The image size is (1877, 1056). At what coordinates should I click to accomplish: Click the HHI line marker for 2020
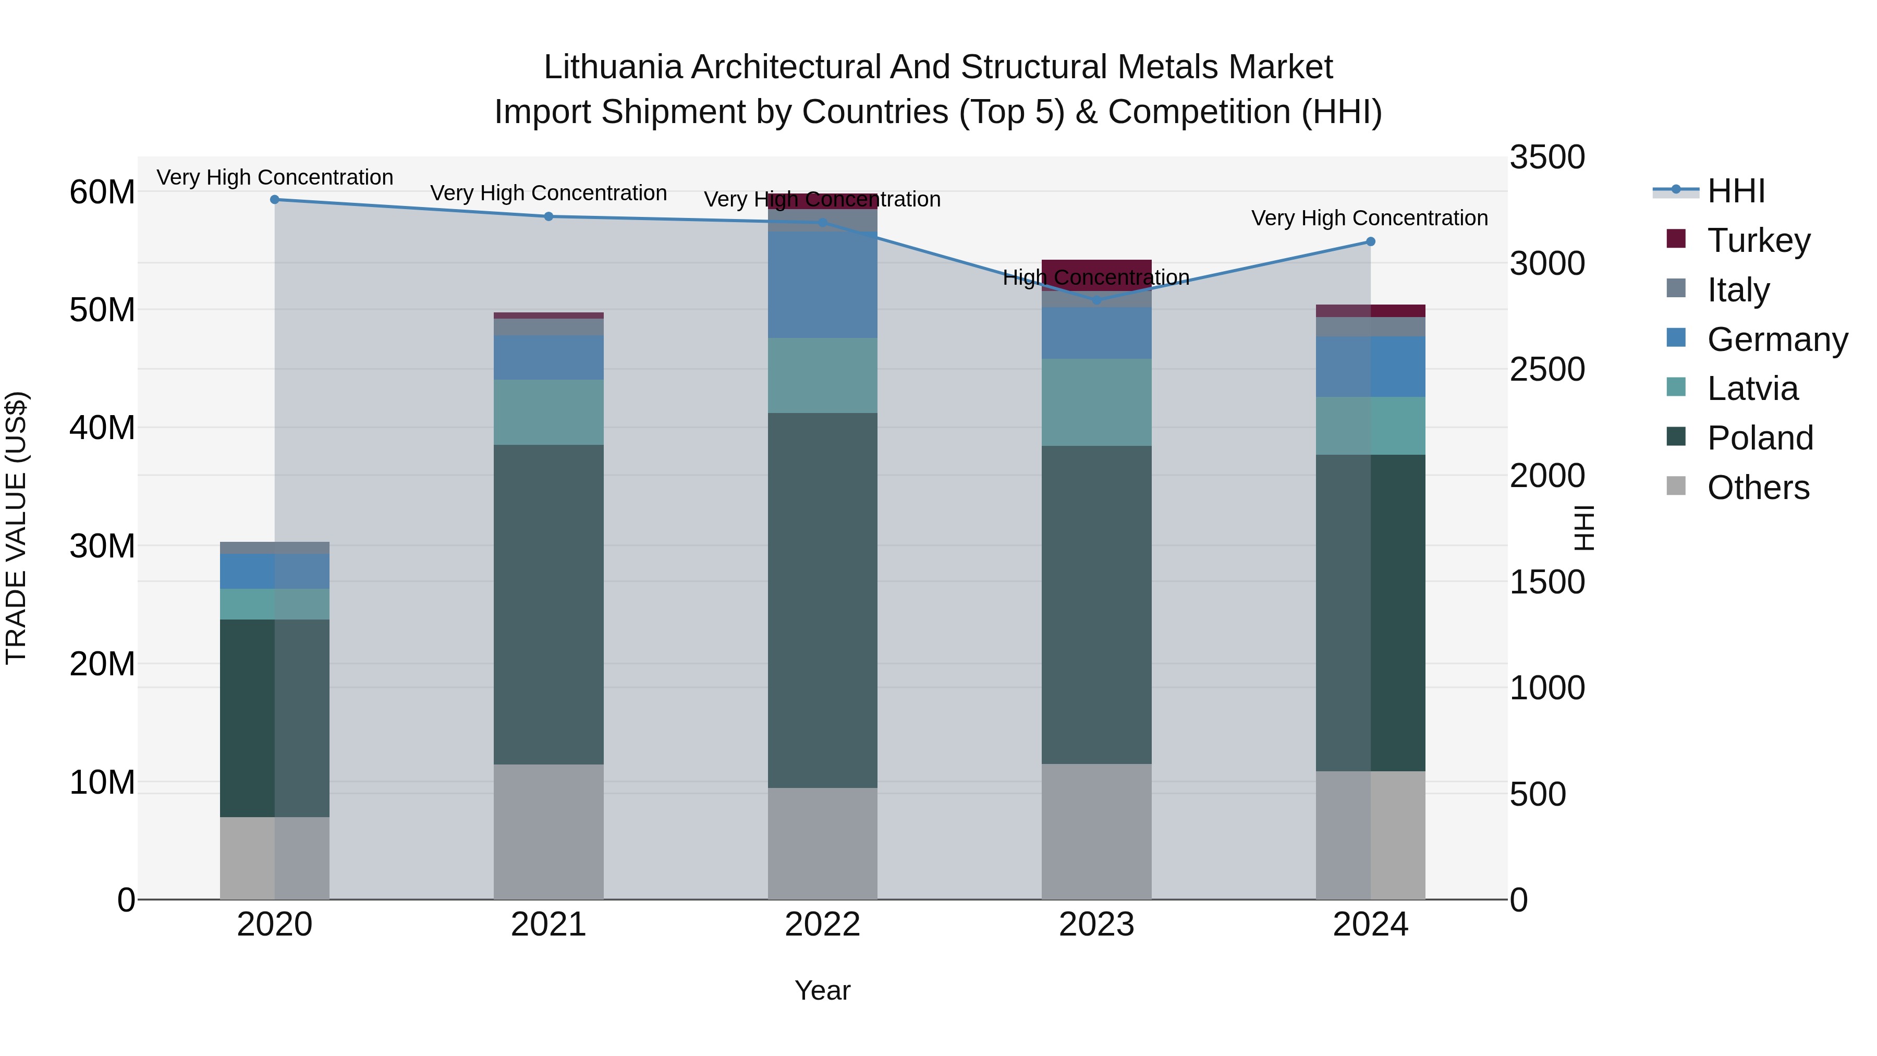275,200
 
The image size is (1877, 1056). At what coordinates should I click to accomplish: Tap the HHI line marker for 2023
1096,299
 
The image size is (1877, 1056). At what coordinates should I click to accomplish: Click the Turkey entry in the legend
1758,240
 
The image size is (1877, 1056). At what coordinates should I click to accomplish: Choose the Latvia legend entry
1752,389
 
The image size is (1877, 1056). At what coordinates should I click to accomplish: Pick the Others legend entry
1758,488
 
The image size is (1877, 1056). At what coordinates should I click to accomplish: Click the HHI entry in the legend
1736,191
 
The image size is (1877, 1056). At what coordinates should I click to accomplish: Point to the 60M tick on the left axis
102,192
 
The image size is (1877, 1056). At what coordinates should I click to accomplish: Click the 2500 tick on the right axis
1547,370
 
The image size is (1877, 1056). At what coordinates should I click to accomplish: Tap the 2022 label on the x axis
823,925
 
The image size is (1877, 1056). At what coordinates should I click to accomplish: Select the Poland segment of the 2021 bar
549,605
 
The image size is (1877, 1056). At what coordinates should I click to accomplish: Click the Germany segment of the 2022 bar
823,284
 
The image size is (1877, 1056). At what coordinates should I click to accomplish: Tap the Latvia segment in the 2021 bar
549,412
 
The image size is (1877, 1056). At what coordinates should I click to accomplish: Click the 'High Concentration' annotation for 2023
1096,277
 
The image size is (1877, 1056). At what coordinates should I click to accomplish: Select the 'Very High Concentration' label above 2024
1369,218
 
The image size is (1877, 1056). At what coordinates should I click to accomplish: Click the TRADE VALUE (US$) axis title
17,528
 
